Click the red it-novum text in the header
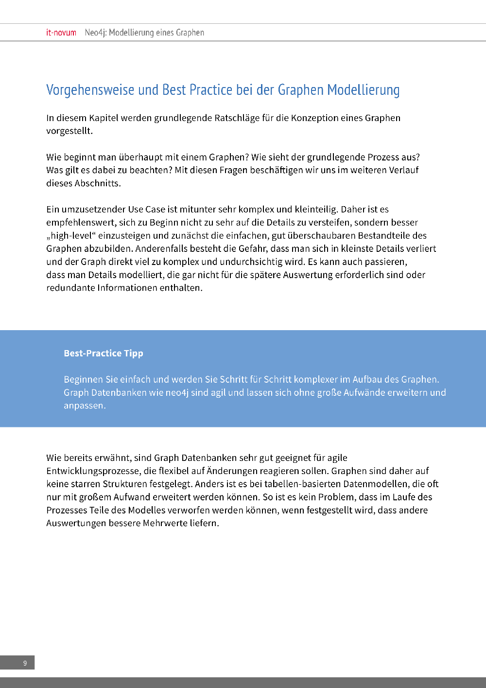(61, 33)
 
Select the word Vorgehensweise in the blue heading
(90, 90)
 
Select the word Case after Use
(155, 210)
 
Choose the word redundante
(70, 288)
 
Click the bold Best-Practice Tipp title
(104, 353)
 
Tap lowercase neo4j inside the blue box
(177, 392)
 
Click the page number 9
(25, 663)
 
